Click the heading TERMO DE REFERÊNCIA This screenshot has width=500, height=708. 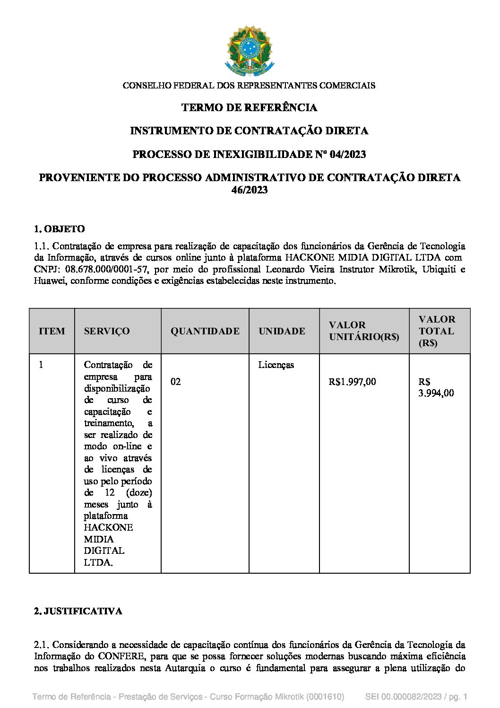(249, 108)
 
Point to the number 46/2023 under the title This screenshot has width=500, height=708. (249, 190)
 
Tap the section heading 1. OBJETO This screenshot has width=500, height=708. (60, 229)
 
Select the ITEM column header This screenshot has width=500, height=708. (52, 331)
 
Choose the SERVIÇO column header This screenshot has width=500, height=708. (106, 331)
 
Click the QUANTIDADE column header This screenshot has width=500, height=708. (205, 331)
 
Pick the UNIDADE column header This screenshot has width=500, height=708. (282, 331)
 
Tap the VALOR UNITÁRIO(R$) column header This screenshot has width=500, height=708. (364, 331)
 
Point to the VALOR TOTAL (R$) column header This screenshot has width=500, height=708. (437, 331)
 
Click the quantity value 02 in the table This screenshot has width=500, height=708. (176, 382)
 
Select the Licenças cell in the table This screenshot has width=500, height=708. (276, 365)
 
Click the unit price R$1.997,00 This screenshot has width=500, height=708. (352, 382)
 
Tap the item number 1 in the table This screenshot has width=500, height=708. (41, 365)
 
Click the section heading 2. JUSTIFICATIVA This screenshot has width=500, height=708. (78, 611)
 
